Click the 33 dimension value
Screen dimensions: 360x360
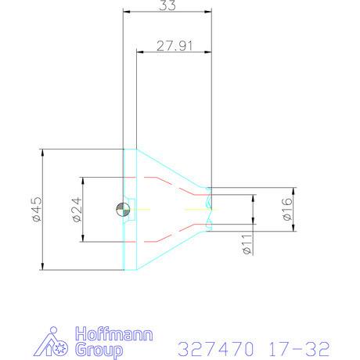point(166,6)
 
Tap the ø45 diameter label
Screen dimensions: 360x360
point(36,209)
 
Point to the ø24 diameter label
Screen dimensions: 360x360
point(77,209)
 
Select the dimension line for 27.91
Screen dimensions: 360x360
point(175,52)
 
